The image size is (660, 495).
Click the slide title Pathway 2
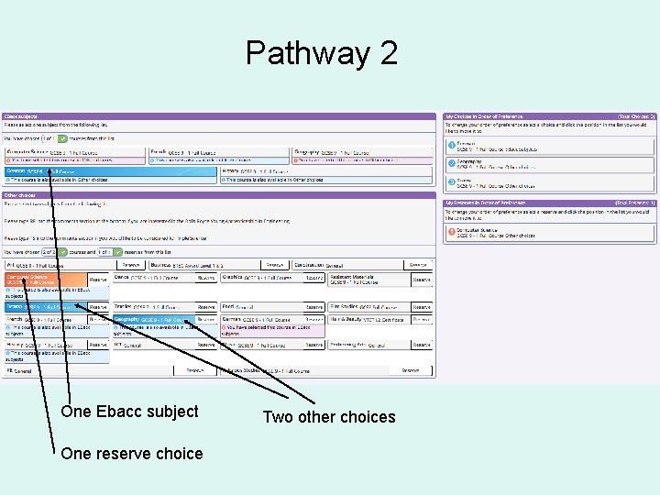(321, 53)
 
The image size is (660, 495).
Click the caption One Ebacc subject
(129, 412)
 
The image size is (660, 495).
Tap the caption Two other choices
(329, 417)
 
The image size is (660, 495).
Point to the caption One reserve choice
(131, 453)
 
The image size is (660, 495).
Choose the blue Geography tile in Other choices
(152, 320)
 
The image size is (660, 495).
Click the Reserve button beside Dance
(206, 278)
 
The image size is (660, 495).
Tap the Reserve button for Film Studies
(421, 307)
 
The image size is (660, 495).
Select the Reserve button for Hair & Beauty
(421, 320)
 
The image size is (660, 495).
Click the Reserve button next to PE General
(194, 370)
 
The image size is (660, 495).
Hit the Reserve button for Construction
(421, 265)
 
